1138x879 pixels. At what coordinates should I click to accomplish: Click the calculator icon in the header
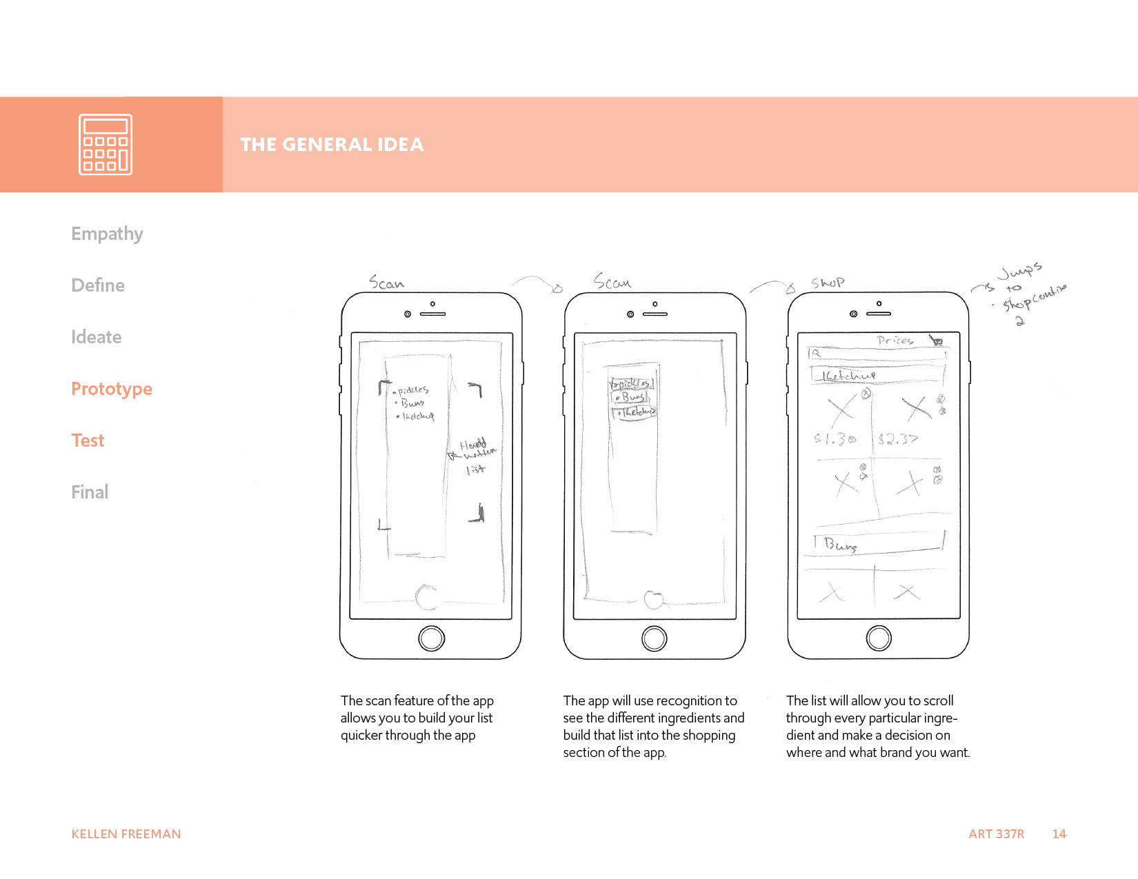pos(105,144)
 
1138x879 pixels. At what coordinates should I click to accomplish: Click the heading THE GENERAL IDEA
pos(332,145)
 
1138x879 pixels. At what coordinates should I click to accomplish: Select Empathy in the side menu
pos(107,234)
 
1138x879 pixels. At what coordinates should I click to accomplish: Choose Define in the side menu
pos(98,285)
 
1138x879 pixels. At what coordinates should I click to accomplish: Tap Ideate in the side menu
pos(97,337)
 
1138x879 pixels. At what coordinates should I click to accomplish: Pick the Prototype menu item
pos(112,389)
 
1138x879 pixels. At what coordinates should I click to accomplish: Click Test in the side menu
pos(88,441)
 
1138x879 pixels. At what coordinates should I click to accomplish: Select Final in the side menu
pos(90,492)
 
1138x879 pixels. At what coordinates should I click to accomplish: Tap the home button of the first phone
pos(431,638)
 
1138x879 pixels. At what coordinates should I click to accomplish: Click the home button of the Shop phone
pos(879,638)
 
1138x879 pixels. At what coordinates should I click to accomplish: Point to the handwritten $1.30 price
pos(835,438)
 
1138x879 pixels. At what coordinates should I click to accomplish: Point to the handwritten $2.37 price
pos(898,438)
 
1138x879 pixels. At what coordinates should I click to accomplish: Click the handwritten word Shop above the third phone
pos(828,283)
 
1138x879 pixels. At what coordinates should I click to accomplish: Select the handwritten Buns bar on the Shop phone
pos(876,544)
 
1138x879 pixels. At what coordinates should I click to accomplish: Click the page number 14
pos(1059,834)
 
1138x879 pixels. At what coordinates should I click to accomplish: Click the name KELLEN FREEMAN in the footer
pos(126,834)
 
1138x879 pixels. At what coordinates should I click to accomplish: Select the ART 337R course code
pos(996,834)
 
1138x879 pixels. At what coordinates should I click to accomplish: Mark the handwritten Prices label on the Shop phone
pos(895,341)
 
